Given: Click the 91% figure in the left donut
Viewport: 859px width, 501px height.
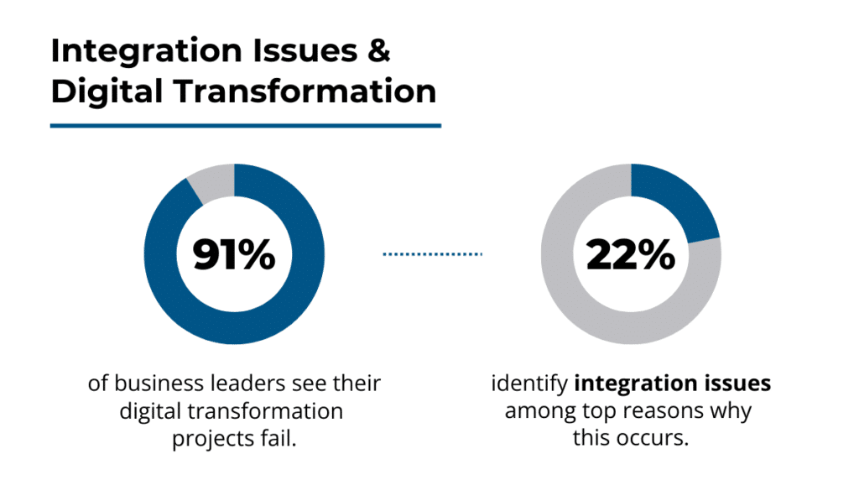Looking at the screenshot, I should pos(234,254).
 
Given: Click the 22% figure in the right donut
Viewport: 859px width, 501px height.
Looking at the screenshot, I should pos(631,254).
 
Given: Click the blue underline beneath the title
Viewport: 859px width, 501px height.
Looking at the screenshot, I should pos(245,126).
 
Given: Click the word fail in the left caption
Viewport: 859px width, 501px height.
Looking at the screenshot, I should pos(281,438).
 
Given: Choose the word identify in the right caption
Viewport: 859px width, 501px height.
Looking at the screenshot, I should pos(529,384).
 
